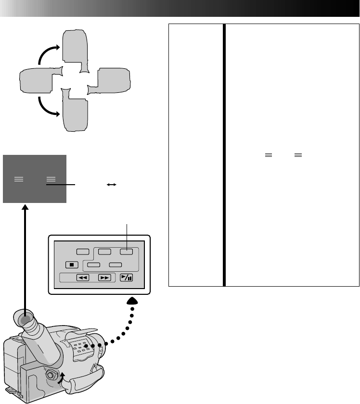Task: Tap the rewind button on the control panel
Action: coord(83,278)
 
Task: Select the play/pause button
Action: coord(127,277)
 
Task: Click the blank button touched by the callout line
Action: coord(127,251)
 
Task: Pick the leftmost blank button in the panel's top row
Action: coord(83,251)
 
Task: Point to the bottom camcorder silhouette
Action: coord(74,112)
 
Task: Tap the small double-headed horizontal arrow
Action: coord(111,184)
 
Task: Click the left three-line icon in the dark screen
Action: coord(19,179)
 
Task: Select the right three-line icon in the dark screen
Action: coord(50,179)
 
